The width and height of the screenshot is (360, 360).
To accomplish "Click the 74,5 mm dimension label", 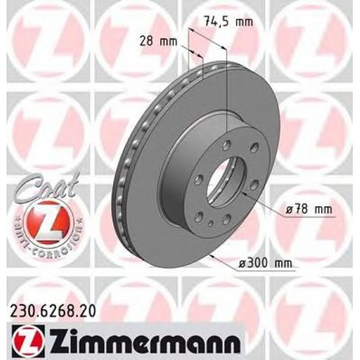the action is coord(228,22).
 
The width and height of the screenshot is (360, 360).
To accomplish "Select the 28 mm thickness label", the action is coord(158,41).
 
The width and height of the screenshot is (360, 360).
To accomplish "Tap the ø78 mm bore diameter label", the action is coord(309,209).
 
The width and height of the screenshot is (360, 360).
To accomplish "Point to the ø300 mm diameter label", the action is coord(265,263).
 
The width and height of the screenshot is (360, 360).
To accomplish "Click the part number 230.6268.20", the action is coord(52,311).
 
